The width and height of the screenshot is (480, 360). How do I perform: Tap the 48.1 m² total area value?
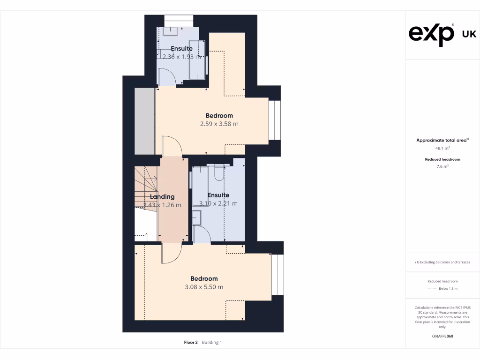point(442,148)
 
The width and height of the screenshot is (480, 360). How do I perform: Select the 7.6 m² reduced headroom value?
point(442,166)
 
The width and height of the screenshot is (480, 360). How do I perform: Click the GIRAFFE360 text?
point(442,336)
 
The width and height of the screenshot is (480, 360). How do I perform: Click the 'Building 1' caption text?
point(212,343)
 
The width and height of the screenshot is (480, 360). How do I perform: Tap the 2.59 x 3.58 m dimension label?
point(219,124)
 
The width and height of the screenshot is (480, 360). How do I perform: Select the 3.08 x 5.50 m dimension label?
point(204,287)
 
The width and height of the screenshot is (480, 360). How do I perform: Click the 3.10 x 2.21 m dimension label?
point(218,203)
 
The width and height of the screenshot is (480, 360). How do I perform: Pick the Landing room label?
point(162,197)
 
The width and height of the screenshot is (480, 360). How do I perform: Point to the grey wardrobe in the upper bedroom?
point(144,120)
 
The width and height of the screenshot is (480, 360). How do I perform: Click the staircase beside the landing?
point(145,187)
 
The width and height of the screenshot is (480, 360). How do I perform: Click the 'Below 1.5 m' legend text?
point(448,289)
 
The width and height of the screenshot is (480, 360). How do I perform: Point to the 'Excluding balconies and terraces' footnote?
point(442,262)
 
